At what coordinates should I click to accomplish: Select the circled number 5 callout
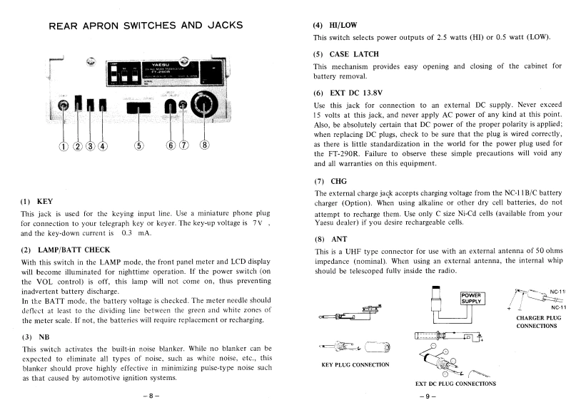(x=140, y=147)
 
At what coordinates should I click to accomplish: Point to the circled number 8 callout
(x=206, y=147)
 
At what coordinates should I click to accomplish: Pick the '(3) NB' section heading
(x=35, y=337)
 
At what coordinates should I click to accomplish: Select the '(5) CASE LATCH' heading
(x=345, y=54)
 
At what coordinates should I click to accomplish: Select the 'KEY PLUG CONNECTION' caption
(x=356, y=364)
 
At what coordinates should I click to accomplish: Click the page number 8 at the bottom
(x=148, y=394)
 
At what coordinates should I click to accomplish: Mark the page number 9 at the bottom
(x=426, y=394)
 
